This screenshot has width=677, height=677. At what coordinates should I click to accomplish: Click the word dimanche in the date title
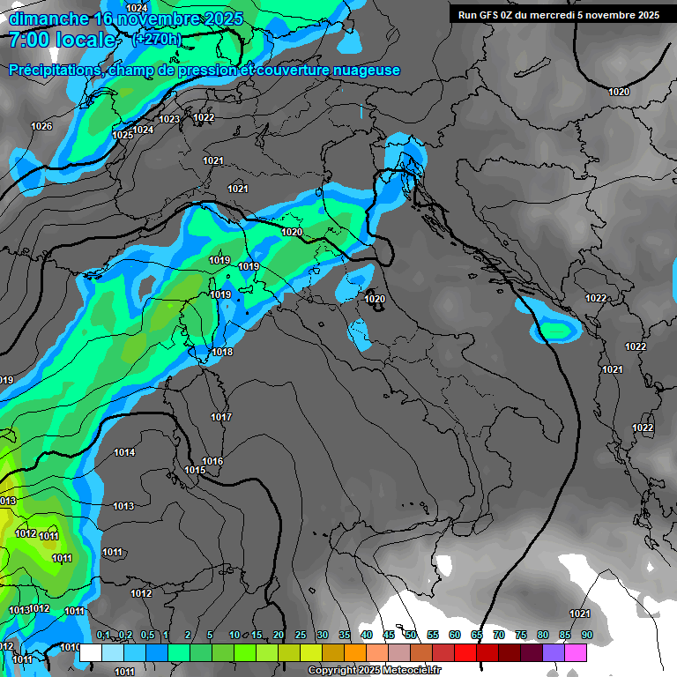pos(49,19)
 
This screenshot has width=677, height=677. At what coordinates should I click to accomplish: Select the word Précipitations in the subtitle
pos(56,71)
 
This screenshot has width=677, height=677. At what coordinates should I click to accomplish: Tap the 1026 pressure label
pos(41,127)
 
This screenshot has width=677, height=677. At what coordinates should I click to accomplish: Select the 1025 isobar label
pos(123,135)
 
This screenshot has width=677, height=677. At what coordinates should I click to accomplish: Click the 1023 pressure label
pos(169,119)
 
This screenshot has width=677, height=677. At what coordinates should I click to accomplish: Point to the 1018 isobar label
pos(222,353)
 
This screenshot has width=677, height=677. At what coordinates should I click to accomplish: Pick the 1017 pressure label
pos(221,417)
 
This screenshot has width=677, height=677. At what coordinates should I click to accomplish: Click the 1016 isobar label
pos(212,461)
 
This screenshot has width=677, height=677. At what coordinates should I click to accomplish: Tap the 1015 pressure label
pos(195,471)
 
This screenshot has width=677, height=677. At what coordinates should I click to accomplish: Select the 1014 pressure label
pos(124,452)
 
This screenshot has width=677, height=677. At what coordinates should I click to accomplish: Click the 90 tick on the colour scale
pos(587,635)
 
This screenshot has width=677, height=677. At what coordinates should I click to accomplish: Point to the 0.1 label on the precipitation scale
pos(103,635)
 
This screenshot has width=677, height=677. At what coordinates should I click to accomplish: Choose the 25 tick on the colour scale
pos(301,635)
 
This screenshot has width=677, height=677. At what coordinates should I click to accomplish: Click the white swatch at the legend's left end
pos(90,652)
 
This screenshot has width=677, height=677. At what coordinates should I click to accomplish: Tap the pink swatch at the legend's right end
pos(576,652)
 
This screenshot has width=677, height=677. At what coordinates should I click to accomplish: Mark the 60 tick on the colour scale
pos(455,635)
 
